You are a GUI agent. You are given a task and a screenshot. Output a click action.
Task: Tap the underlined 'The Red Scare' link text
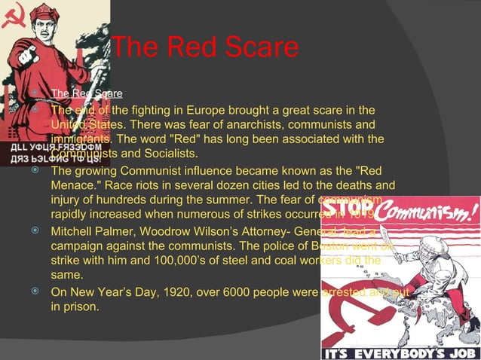(x=87, y=94)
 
